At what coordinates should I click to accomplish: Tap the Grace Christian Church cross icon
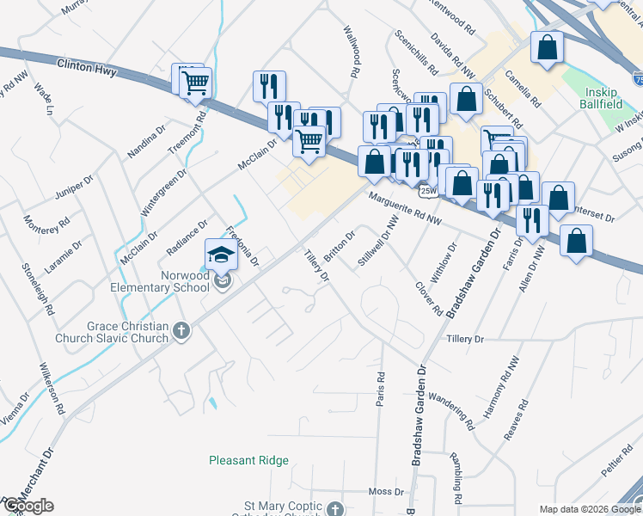click(181, 331)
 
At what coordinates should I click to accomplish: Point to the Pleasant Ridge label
click(248, 460)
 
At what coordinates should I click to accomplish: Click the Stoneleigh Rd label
click(38, 287)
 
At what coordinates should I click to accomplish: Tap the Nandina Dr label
click(146, 140)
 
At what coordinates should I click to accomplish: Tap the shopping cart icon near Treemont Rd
click(195, 83)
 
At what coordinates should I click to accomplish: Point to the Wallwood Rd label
click(352, 53)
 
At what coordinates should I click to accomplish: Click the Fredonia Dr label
click(242, 245)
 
